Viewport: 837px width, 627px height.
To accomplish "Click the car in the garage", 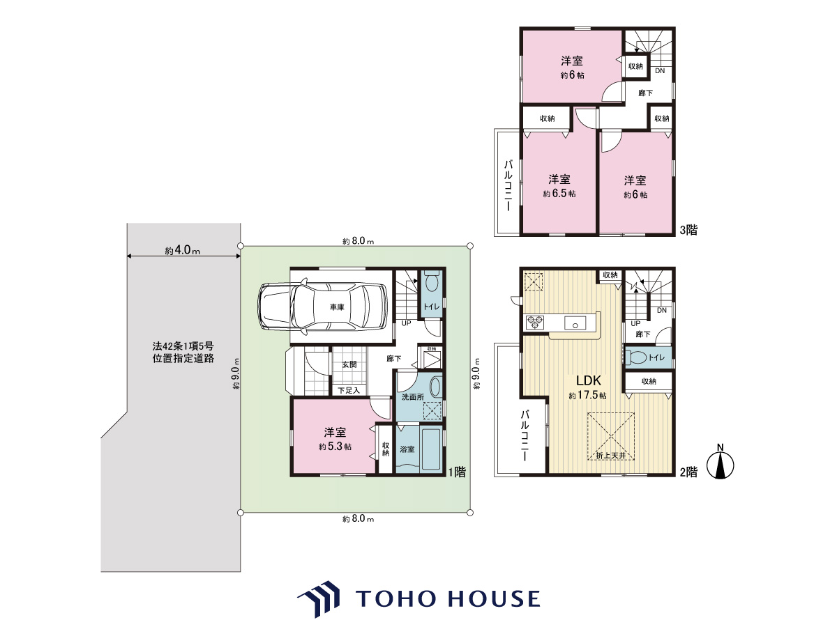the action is click(x=323, y=307).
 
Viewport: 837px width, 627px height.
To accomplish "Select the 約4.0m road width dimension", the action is click(x=183, y=250).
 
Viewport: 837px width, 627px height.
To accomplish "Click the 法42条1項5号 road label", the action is click(x=183, y=346).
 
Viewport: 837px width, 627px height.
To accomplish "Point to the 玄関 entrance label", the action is click(x=349, y=364).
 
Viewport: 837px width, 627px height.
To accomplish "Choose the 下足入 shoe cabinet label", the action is click(x=349, y=390).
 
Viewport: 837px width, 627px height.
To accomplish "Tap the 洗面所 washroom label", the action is click(x=413, y=397).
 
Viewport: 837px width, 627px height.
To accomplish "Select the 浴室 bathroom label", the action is click(x=407, y=449).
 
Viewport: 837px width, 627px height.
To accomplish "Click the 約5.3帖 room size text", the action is click(x=335, y=446).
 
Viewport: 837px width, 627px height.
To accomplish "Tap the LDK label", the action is click(x=589, y=380).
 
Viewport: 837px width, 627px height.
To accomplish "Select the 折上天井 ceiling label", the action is click(x=611, y=456).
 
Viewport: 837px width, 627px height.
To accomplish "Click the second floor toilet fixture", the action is click(x=636, y=357).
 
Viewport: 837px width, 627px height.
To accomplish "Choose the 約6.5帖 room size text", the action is click(x=559, y=194).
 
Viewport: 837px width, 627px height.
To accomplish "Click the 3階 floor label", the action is click(x=688, y=230).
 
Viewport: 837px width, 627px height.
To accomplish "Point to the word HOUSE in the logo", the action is click(x=495, y=598).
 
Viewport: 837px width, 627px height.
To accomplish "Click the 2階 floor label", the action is click(x=688, y=472).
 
